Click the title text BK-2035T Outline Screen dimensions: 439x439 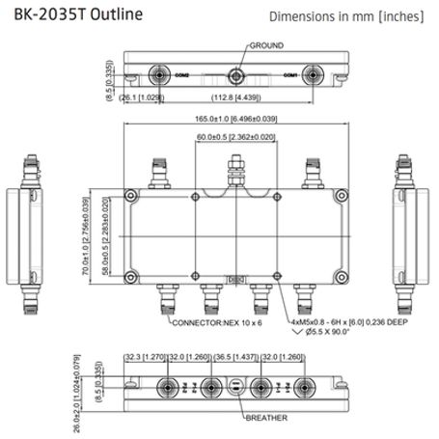click(72, 14)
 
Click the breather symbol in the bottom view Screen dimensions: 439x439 click(233, 388)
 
